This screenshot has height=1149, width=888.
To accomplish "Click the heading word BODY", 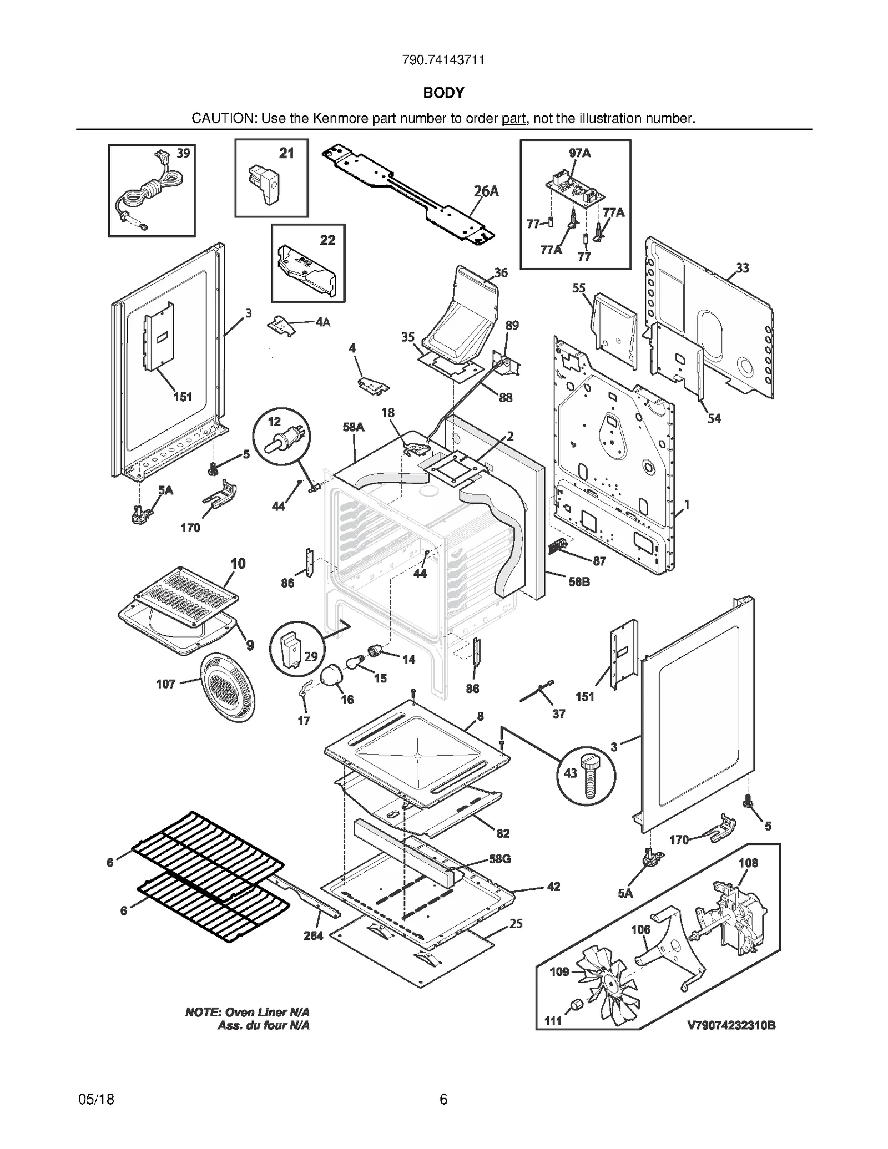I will tap(443, 93).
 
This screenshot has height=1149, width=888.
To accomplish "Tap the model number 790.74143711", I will tap(443, 60).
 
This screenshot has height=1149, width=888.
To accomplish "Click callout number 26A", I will tap(486, 191).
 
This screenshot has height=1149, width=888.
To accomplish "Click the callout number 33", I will tap(743, 268).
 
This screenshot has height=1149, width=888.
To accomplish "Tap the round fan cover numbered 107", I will tap(228, 687).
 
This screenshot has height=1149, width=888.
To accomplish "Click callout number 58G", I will tap(500, 859).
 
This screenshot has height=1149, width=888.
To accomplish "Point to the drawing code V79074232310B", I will tap(731, 1025).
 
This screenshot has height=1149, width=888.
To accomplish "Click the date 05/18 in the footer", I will tap(97, 1099).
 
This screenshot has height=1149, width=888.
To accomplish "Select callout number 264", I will tap(313, 936).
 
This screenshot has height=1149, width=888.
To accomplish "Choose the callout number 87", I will tap(599, 561).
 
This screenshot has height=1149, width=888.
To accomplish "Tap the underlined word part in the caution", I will tap(513, 118).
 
